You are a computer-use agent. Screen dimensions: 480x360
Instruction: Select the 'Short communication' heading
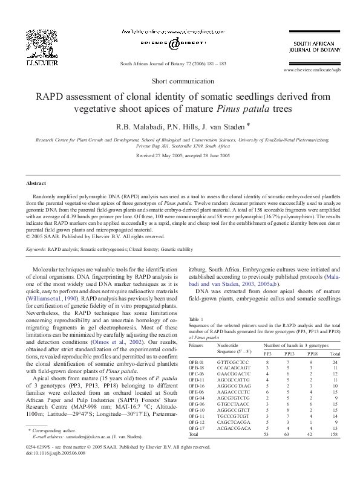click(180, 80)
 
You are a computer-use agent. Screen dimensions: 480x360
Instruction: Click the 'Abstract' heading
click(37, 183)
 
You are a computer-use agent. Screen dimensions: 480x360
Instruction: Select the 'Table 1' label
click(197, 319)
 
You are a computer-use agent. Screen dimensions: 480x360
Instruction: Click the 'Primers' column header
click(196, 345)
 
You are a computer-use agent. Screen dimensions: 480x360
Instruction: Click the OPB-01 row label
click(197, 362)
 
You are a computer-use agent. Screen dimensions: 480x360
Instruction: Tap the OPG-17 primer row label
click(197, 427)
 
